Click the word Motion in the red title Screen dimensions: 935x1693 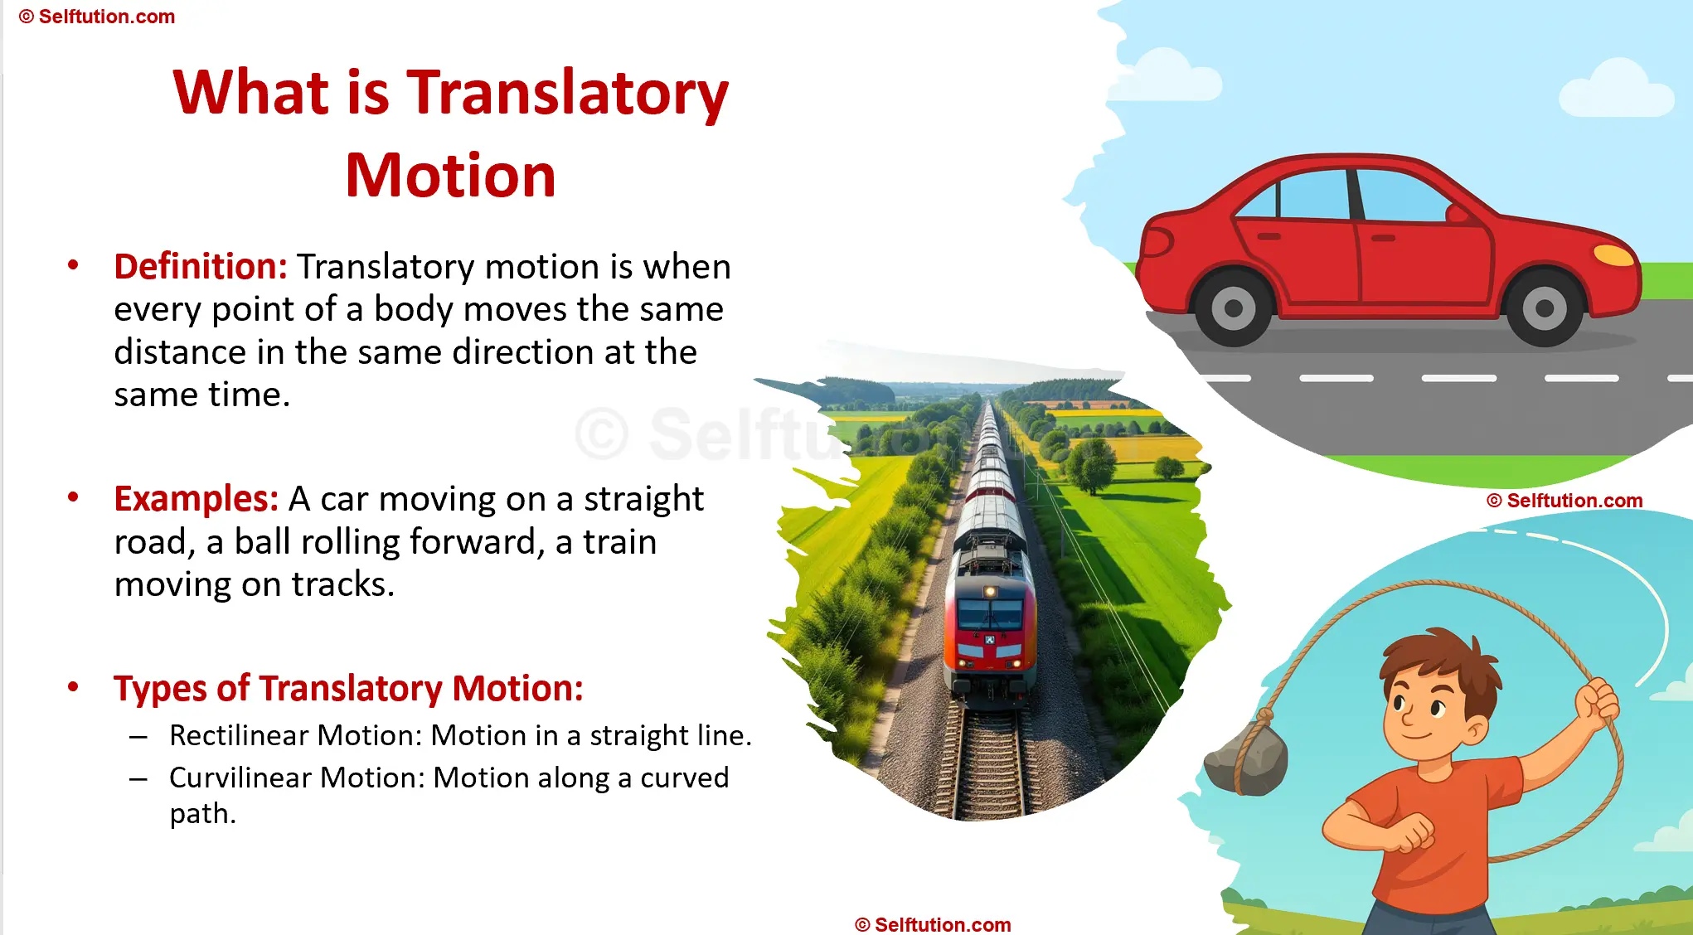[x=450, y=176]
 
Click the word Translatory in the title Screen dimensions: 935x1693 [x=567, y=92]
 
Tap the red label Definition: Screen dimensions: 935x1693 [x=201, y=267]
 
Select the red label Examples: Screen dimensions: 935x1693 [x=196, y=499]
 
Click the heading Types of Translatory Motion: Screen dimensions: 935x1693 [x=348, y=688]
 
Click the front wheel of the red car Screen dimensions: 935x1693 [x=1544, y=308]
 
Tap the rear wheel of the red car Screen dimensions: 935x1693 [x=1233, y=308]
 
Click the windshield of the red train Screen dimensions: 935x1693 [x=990, y=614]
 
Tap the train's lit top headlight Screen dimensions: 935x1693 [x=990, y=591]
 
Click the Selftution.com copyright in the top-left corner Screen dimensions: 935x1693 [x=97, y=17]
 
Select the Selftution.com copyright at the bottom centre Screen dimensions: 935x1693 [x=933, y=924]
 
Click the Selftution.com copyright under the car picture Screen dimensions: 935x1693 [x=1564, y=501]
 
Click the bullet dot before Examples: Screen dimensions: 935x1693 [x=73, y=497]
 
